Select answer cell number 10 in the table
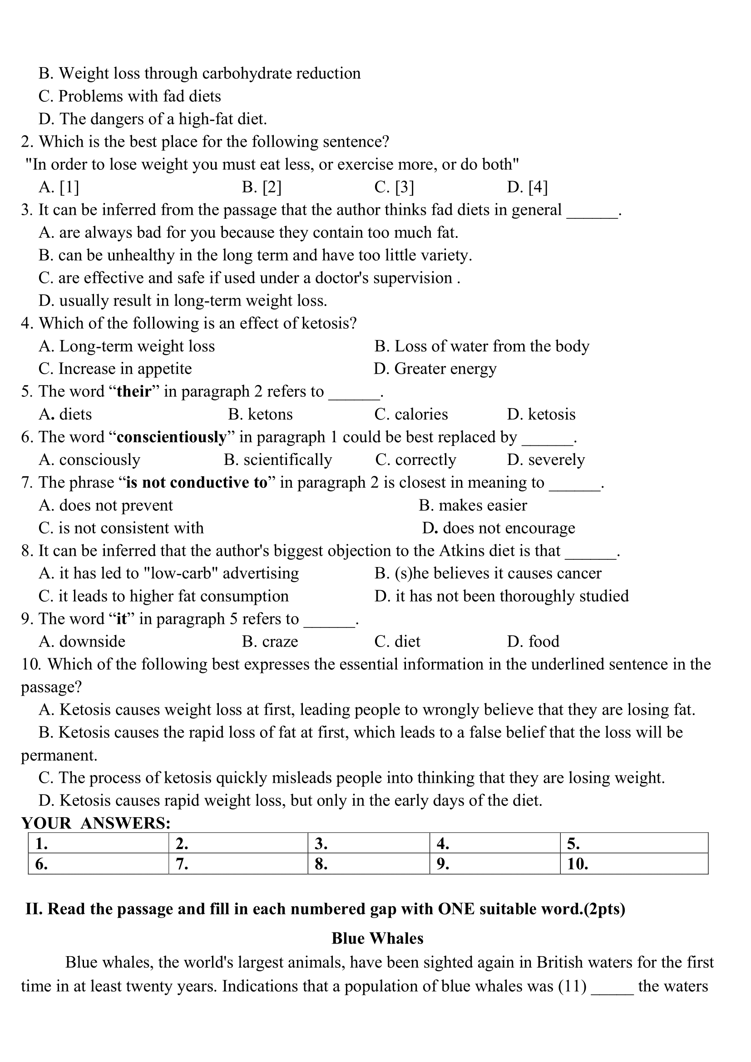[x=633, y=864]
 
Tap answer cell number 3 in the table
[x=368, y=844]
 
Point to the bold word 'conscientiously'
[x=172, y=437]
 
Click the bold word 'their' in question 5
[x=134, y=391]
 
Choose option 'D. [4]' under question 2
[x=527, y=187]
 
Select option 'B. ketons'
[x=260, y=414]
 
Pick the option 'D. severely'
[x=546, y=459]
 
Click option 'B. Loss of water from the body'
[x=482, y=346]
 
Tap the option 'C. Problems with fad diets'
[x=130, y=96]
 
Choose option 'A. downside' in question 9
[x=82, y=641]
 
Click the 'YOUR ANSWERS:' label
[x=96, y=823]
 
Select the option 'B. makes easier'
[x=473, y=505]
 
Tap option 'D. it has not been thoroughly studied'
[x=502, y=596]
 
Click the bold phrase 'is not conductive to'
[x=197, y=483]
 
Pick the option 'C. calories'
[x=411, y=414]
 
